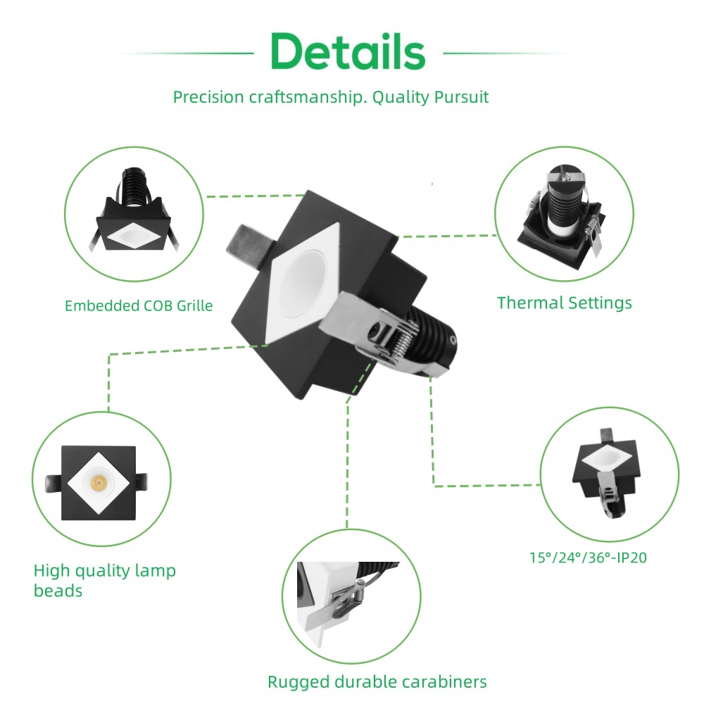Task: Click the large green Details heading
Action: click(x=348, y=52)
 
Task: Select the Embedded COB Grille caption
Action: click(x=138, y=306)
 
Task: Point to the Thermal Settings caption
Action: click(x=564, y=303)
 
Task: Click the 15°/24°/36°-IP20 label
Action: click(x=588, y=558)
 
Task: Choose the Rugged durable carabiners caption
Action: click(x=377, y=681)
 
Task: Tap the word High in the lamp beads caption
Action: click(x=51, y=570)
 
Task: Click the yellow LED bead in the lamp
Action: click(x=98, y=482)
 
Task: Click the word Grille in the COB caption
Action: click(x=191, y=306)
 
